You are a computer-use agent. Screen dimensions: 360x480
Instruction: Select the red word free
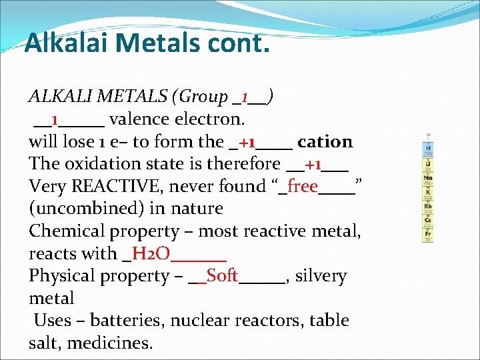coord(302,186)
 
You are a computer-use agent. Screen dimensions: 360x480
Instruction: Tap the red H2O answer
coord(151,253)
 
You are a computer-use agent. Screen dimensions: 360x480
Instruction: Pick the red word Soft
coord(222,275)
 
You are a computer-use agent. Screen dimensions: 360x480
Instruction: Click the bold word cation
coord(325,141)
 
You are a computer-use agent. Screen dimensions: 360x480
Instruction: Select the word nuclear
coord(201,320)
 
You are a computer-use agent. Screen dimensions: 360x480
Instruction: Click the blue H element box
coord(428,147)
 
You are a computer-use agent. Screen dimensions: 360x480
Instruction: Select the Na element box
coord(428,179)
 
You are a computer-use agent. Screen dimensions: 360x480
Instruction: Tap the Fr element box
coord(428,235)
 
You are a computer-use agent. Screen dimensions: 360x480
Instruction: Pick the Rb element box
coord(428,206)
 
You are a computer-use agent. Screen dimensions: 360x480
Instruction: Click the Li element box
coord(428,164)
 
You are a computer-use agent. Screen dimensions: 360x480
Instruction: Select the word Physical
coord(65,275)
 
